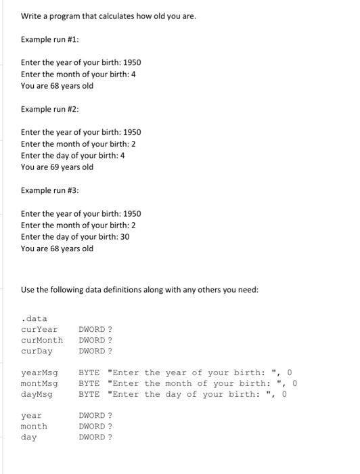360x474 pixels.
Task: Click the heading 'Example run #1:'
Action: [49, 39]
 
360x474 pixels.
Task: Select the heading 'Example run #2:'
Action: [49, 109]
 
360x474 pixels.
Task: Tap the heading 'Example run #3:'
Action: [49, 190]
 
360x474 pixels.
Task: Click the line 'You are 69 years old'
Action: [58, 167]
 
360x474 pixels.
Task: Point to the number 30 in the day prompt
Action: [125, 236]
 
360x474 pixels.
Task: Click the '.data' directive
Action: [34, 318]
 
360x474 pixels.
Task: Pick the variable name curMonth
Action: [42, 340]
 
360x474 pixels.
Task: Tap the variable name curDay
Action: [37, 351]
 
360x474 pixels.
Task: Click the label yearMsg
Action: [39, 372]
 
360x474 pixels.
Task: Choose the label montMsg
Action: [39, 383]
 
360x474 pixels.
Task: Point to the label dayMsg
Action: [37, 394]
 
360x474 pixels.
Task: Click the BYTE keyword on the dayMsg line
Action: [89, 394]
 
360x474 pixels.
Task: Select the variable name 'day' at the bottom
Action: [28, 437]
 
